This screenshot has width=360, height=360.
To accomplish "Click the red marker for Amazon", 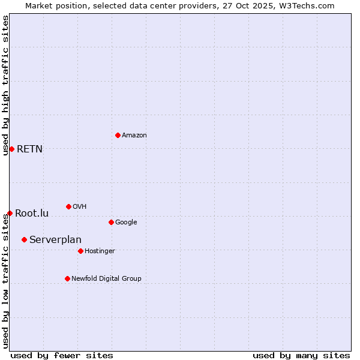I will coord(118,135).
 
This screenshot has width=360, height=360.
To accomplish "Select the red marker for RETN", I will coord(11,149).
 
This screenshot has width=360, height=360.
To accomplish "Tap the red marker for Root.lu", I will coord(10,213).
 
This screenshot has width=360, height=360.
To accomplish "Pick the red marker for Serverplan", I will coord(24,239).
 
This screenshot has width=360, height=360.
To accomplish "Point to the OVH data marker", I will coord(68,206).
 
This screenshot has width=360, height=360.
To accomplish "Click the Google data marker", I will coord(111,222).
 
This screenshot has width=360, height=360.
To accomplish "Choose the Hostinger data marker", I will coord(80,251).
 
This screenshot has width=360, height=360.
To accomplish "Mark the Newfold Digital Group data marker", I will coord(67,278).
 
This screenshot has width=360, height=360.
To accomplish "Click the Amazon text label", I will coord(134,136).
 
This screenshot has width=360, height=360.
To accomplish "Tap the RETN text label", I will coord(29,149).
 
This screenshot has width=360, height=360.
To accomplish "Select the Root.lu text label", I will coord(32,213).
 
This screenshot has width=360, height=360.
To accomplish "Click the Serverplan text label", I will coord(55,240).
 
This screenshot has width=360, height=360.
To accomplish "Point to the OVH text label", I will coord(80,207).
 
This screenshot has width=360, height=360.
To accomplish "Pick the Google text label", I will coord(126,223).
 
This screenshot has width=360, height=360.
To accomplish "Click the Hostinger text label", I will coord(100,251).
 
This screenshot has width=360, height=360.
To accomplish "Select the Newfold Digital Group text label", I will coord(106,278).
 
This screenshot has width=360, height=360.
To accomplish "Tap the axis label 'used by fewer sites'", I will coord(62,355).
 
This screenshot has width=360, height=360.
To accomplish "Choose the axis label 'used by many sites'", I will coord(301,355).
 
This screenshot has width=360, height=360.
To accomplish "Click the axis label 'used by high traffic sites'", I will coord(5,85).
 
